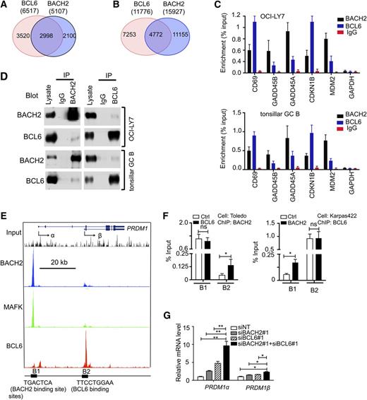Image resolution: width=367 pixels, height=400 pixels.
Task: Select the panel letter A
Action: point(6,6)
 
